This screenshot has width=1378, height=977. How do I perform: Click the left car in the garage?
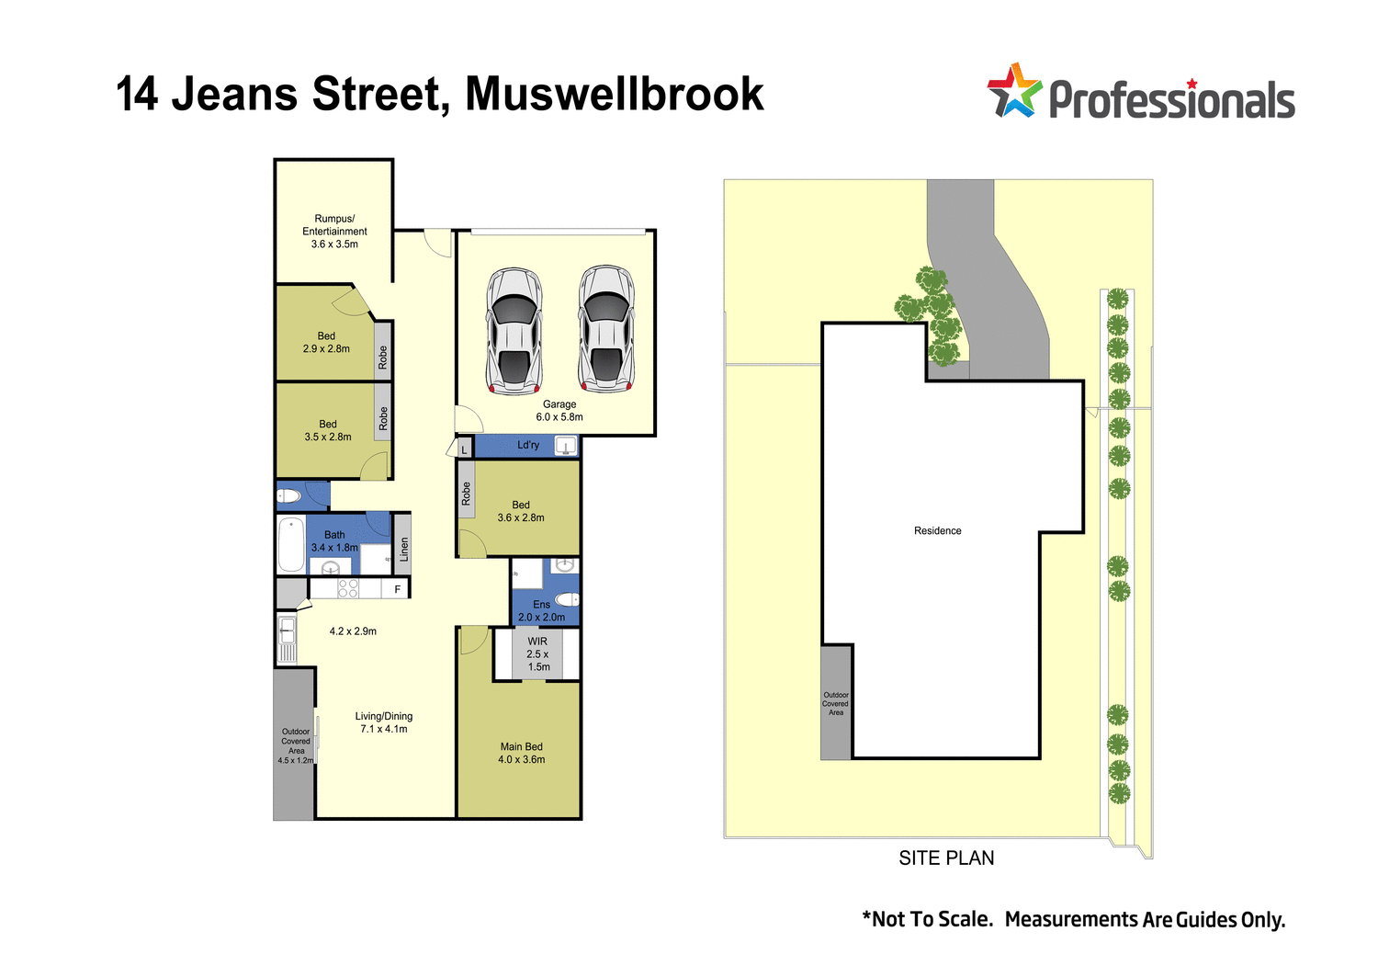(514, 330)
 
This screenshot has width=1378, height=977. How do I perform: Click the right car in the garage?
(606, 328)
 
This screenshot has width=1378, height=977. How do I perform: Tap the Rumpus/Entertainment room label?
(334, 232)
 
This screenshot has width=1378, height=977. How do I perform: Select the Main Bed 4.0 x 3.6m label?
(522, 754)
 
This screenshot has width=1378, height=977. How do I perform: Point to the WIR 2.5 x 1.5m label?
(537, 654)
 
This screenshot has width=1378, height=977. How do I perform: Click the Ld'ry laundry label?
(528, 446)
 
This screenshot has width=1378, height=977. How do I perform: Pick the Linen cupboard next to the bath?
(402, 550)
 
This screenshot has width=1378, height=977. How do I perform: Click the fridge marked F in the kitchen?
(398, 589)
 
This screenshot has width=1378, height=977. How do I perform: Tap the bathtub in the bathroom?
(291, 545)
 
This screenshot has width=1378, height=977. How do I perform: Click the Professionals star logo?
(1013, 91)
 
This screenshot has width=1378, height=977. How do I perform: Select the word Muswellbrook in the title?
(614, 95)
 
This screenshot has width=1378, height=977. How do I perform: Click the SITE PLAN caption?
(946, 858)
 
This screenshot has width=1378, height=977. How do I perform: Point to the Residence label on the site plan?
(937, 531)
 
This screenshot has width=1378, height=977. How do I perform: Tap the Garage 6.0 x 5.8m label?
(559, 411)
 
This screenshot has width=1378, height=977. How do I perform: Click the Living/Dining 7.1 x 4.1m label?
(384, 722)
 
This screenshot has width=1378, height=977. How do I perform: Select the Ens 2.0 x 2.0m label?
(541, 611)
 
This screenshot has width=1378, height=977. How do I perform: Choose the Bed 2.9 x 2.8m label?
(326, 343)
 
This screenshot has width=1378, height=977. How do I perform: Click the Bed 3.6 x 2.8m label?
(521, 512)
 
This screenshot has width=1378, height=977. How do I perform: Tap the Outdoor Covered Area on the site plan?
(836, 704)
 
